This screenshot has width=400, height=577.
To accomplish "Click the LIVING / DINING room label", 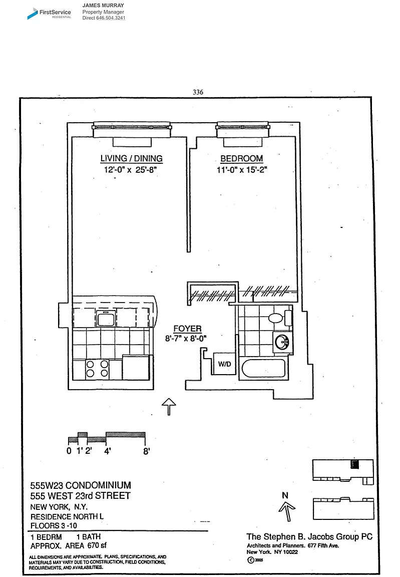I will pyautogui.click(x=131, y=159).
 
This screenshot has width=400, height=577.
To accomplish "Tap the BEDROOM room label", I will pyautogui.click(x=242, y=159).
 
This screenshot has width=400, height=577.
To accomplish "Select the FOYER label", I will pyautogui.click(x=187, y=329).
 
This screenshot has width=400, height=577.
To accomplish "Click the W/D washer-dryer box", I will pyautogui.click(x=224, y=364).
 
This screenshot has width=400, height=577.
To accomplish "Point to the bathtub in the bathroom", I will pyautogui.click(x=263, y=369).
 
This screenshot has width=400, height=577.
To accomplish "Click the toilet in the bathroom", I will pyautogui.click(x=276, y=318).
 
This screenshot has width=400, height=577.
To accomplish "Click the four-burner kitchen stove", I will pyautogui.click(x=97, y=369).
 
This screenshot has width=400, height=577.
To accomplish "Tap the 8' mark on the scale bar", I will pyautogui.click(x=147, y=451).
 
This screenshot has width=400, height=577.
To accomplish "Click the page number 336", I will pyautogui.click(x=198, y=92).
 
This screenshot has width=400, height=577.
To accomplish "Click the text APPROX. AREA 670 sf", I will pyautogui.click(x=69, y=545).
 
